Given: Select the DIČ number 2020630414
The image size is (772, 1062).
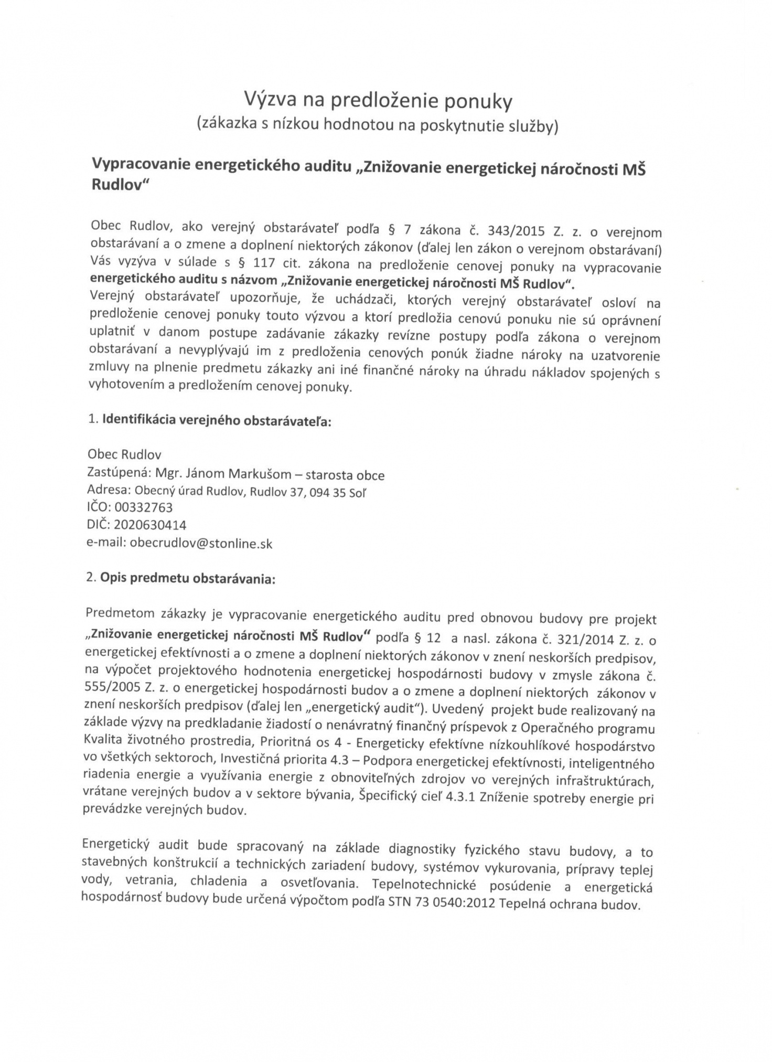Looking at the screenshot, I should [x=149, y=525].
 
